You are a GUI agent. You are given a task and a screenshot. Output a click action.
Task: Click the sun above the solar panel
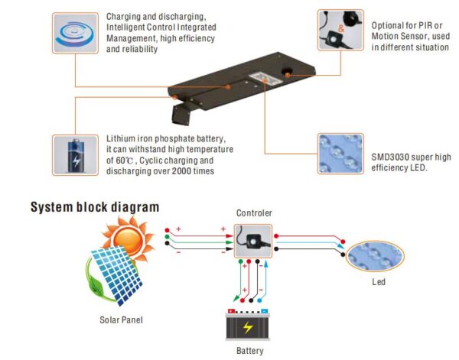pyautogui.click(x=129, y=238)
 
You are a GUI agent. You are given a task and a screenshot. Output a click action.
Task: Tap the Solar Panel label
pyautogui.click(x=121, y=320)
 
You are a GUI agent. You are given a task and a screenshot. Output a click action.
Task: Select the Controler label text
pyautogui.click(x=254, y=213)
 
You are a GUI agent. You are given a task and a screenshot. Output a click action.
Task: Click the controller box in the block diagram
pyautogui.click(x=253, y=242)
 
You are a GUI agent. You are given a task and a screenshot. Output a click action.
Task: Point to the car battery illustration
pyautogui.click(x=248, y=325)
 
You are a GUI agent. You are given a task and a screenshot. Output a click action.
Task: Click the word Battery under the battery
pyautogui.click(x=250, y=351)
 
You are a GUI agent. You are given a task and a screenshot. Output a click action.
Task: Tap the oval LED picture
pyautogui.click(x=375, y=257)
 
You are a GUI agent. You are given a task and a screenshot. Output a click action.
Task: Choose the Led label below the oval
pyautogui.click(x=379, y=282)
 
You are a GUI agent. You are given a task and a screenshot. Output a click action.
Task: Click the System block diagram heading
pyautogui.click(x=95, y=207)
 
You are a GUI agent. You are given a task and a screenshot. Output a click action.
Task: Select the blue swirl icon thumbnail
pyautogui.click(x=75, y=33)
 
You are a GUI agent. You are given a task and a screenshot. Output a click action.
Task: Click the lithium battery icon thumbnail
pyautogui.click(x=75, y=155)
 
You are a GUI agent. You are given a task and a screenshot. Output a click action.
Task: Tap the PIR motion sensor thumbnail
pyautogui.click(x=340, y=30)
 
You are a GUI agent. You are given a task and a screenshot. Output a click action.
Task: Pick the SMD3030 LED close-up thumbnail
pyautogui.click(x=340, y=154)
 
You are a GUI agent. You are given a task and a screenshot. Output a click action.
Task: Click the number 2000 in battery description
pyautogui.click(x=181, y=170)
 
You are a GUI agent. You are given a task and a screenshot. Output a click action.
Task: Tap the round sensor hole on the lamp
pyautogui.click(x=287, y=73)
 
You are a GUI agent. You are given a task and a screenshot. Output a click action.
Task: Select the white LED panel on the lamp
pyautogui.click(x=265, y=79)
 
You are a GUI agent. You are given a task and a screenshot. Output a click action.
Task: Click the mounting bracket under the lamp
pyautogui.click(x=181, y=114)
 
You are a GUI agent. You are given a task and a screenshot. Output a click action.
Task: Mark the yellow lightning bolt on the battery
pyautogui.click(x=248, y=328)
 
